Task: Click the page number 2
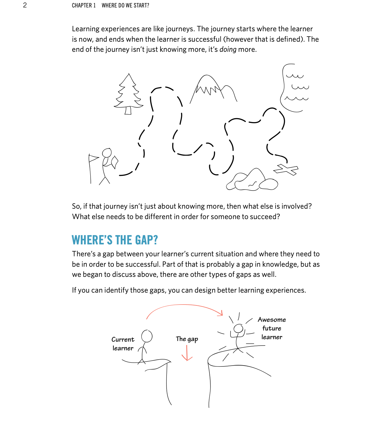(25, 5)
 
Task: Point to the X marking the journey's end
(286, 170)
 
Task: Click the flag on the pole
(94, 158)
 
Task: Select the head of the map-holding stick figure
(107, 153)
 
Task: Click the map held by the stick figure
(115, 162)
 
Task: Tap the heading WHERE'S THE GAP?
(115, 240)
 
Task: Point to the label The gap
(187, 339)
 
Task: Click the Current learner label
(123, 344)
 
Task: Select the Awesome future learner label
(272, 328)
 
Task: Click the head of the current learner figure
(147, 336)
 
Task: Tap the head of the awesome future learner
(238, 329)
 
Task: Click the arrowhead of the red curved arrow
(221, 313)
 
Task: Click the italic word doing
(228, 49)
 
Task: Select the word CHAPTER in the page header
(82, 5)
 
